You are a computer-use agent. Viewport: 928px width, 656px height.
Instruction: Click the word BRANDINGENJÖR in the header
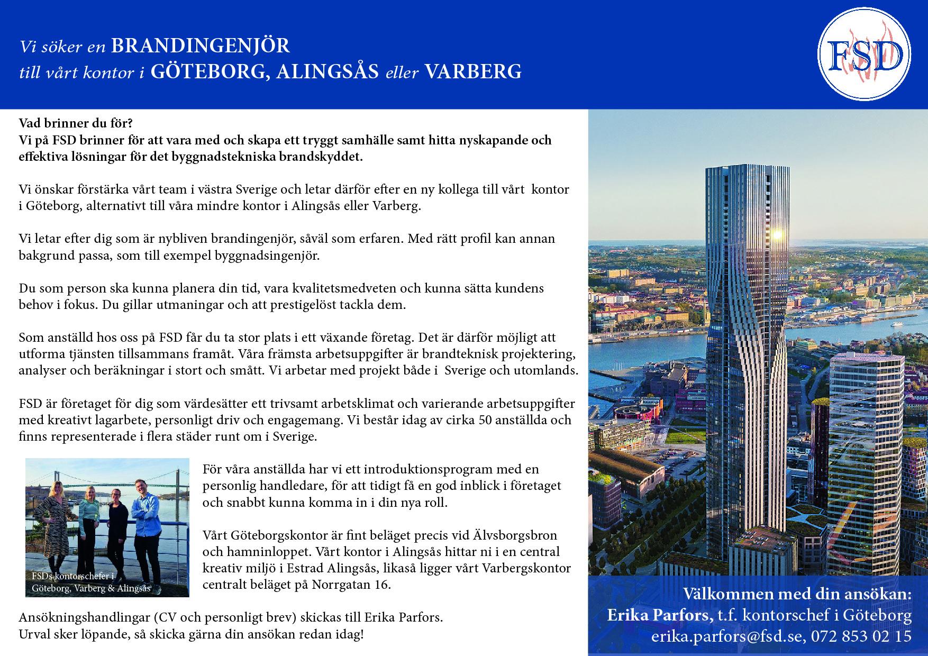(x=200, y=46)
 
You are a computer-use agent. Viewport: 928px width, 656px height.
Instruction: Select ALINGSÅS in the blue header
(x=327, y=72)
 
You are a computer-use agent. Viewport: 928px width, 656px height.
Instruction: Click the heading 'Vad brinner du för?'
(x=76, y=123)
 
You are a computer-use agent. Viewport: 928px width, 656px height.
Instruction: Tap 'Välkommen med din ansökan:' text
(x=797, y=594)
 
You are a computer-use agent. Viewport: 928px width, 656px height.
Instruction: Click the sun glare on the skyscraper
(x=777, y=234)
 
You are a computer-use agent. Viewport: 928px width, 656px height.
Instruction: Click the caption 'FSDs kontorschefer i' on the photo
(x=72, y=576)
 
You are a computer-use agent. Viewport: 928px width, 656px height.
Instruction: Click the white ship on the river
(x=897, y=323)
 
